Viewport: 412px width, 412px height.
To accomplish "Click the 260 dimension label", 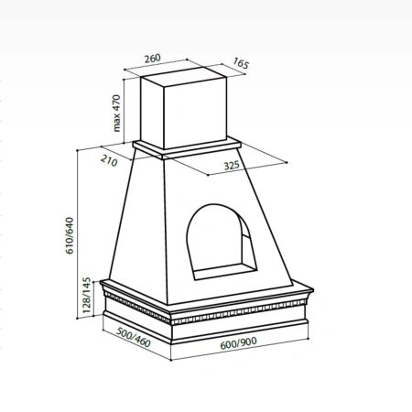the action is [x=152, y=59].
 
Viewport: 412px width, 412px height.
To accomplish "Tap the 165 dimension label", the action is [x=241, y=63].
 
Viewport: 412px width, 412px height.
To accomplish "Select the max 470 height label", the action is [x=116, y=114].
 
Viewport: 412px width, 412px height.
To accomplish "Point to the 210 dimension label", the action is [x=109, y=160].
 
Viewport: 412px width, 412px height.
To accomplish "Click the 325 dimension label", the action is [x=232, y=166].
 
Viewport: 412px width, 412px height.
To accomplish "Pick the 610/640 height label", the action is [x=70, y=235].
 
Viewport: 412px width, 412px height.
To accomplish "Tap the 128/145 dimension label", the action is [x=87, y=295].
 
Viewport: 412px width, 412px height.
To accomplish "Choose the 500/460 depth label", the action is [x=134, y=338].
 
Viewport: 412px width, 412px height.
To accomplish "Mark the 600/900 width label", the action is [x=238, y=343].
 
